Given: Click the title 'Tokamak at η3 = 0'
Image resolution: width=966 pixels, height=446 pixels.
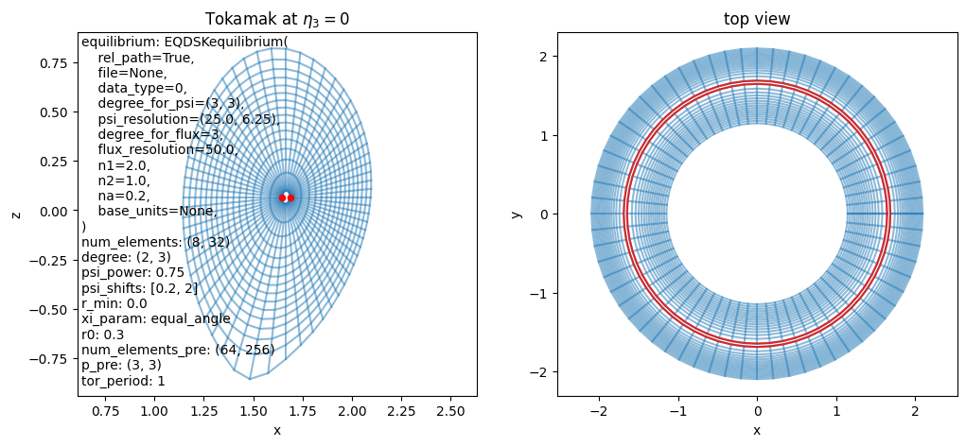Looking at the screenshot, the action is [x=277, y=19].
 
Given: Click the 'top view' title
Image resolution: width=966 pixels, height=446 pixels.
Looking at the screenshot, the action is [x=757, y=20].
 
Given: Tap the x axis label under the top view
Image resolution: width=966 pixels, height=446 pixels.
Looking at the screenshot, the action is [x=757, y=429].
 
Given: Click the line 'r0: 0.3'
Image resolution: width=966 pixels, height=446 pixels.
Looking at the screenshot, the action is [x=102, y=334].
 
